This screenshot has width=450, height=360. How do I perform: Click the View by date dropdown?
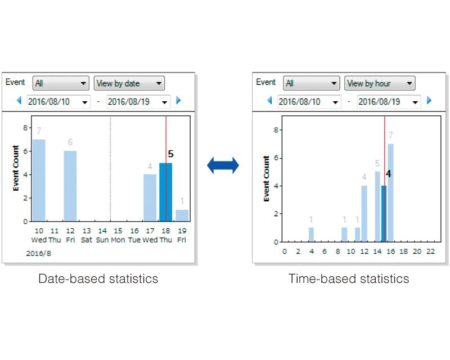129,83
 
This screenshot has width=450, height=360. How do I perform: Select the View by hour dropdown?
380,83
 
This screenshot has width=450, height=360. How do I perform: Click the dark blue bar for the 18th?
165,192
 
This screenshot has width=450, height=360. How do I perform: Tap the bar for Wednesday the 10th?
39,180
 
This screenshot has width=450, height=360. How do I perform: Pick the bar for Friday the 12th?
70,186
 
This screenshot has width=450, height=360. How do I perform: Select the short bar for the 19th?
182,215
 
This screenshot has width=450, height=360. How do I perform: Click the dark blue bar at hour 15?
384,214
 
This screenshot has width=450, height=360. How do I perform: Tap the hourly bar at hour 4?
311,235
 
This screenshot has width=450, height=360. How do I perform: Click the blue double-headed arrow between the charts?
223,165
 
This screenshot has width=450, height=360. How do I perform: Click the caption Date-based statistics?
98,278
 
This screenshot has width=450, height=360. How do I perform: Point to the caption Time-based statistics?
349,278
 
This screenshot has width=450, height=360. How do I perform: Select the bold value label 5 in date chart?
170,154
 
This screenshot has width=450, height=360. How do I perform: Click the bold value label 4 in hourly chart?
388,174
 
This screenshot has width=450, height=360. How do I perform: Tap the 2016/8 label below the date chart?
37,254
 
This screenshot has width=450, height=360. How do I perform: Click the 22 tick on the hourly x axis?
430,251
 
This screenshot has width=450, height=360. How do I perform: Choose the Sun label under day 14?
102,240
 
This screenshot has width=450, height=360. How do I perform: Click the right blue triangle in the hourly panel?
429,101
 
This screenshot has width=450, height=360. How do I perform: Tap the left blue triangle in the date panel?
19,101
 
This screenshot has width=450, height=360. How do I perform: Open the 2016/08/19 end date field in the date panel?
138,102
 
